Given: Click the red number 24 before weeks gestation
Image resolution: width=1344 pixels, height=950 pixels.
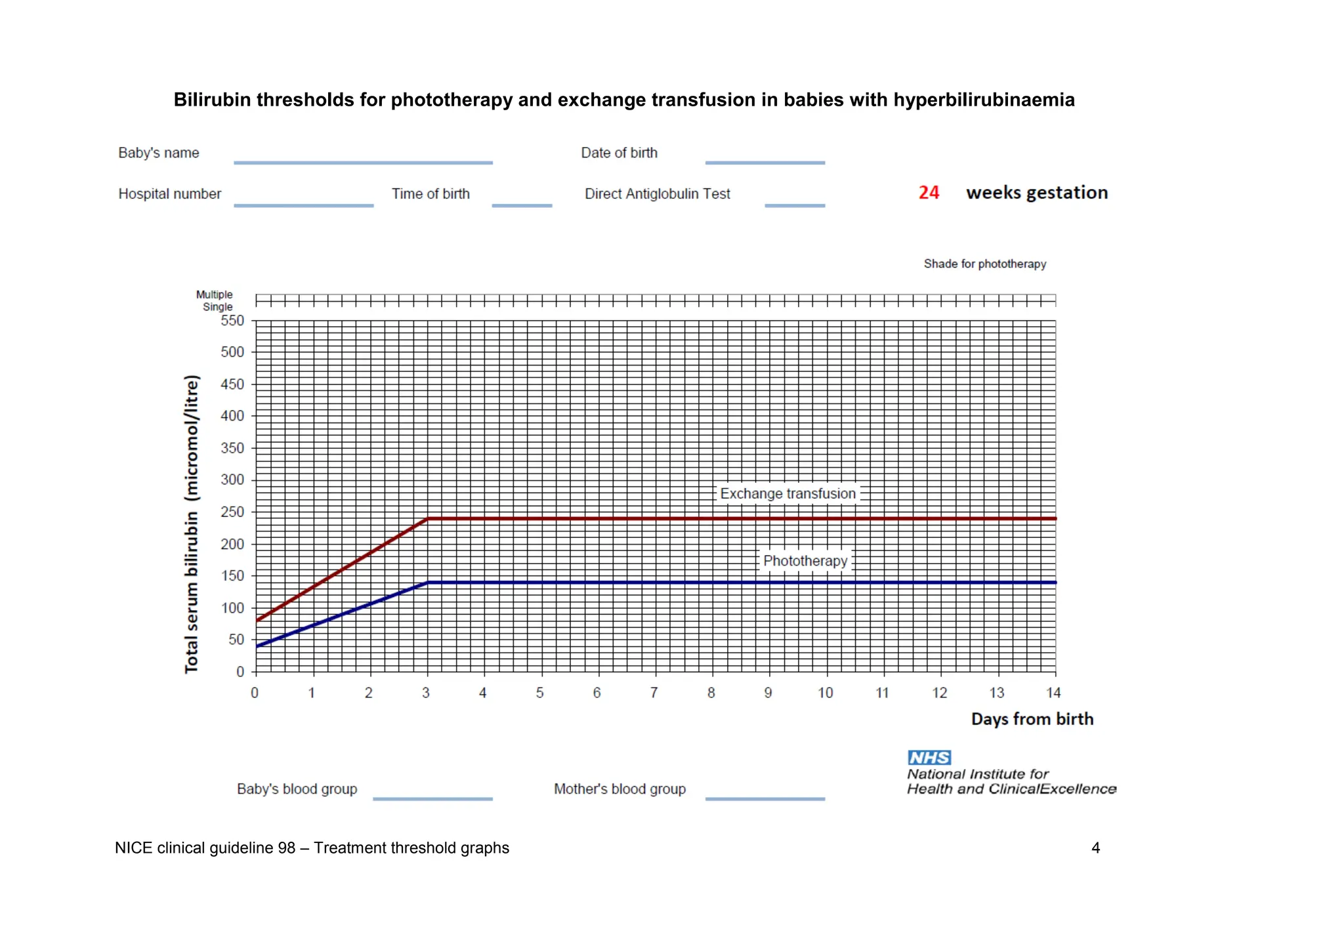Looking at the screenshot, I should click(929, 192).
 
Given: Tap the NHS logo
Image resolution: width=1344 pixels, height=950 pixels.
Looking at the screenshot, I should click(929, 758).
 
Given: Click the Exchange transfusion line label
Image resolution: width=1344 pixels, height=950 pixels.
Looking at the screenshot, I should click(787, 493).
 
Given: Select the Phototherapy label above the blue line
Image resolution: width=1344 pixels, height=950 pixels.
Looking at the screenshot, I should click(805, 561).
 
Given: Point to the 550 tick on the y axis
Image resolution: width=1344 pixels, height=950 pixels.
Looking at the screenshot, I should click(232, 321).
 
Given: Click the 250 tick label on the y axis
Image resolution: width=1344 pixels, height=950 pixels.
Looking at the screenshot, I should click(232, 512).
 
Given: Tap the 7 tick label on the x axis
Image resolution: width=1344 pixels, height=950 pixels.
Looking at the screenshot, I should click(654, 693).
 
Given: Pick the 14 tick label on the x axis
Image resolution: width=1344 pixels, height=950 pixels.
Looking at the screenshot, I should click(1053, 693).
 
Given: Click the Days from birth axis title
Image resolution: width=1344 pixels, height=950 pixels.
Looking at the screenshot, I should click(1032, 719).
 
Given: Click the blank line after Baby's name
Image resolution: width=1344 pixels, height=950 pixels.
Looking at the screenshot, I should click(363, 162).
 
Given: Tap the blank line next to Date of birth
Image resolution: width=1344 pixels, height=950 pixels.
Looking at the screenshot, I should click(765, 162).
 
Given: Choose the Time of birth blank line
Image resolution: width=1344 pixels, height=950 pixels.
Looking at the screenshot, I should click(522, 205).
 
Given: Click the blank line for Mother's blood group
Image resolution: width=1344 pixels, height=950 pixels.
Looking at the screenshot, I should click(765, 798).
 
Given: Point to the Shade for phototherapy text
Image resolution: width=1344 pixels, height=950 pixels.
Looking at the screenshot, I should click(984, 264).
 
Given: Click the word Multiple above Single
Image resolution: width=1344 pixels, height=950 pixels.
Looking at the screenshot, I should click(214, 295).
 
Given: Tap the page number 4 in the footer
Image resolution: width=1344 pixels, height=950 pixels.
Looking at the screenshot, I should click(1095, 848).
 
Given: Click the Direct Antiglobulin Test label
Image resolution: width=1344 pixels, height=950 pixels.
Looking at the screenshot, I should click(657, 194).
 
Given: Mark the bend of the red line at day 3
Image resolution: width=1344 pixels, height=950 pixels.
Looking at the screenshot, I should click(428, 519).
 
